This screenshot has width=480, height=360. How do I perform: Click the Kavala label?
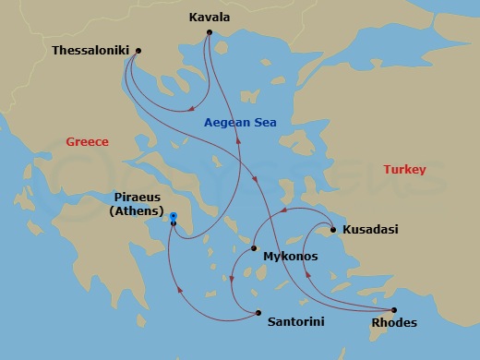210,17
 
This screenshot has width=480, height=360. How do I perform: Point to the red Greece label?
88,141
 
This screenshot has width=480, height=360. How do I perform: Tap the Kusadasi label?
370,229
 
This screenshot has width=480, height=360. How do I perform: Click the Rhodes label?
393,323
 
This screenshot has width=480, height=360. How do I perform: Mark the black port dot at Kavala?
210,31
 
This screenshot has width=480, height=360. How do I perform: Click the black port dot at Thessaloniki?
138,51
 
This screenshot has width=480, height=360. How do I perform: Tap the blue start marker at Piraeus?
174,216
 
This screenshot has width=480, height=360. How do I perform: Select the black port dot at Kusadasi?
332,229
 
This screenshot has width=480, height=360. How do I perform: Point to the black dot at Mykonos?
254,248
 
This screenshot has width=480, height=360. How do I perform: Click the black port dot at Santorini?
258,312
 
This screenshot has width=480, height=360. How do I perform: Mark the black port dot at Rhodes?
394,310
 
